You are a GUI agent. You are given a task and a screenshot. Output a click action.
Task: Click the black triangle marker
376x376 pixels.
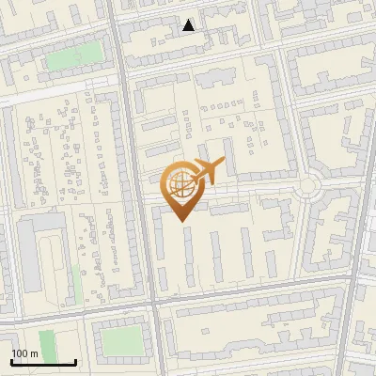pos(189,25)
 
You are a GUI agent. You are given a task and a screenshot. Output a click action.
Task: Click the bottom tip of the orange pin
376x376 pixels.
pos(180,220)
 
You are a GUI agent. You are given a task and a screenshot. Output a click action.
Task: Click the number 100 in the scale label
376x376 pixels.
pos(20,353)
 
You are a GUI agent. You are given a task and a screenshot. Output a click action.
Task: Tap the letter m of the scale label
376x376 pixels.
pos(35,353)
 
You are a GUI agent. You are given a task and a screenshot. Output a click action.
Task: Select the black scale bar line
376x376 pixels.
pos(43,363)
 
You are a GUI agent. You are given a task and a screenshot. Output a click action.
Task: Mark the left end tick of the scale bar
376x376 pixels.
pos(11,361)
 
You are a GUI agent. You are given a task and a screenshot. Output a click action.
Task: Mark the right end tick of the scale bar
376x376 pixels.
pos(75,361)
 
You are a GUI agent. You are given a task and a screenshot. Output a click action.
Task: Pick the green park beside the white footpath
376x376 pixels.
pos(64,58)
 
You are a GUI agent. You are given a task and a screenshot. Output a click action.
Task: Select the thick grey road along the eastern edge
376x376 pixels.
pos(353,282)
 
